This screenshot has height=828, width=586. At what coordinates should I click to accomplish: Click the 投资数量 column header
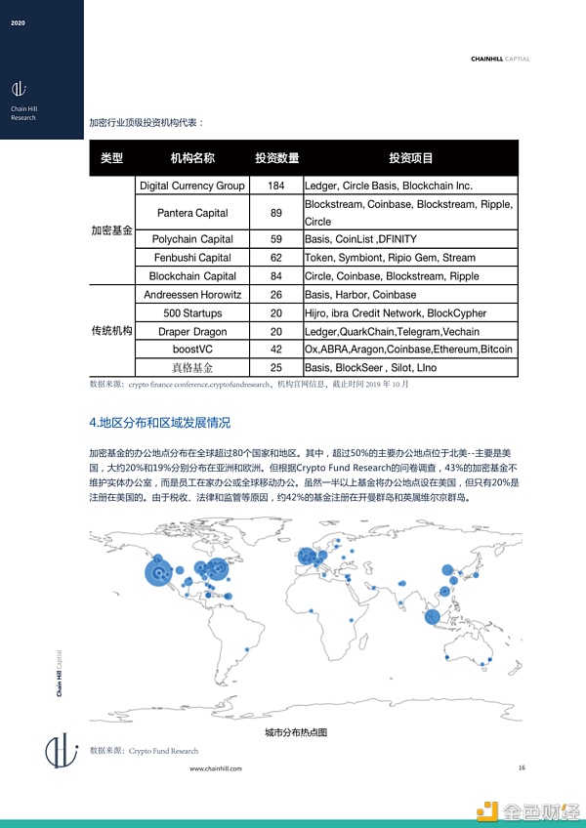click(x=276, y=158)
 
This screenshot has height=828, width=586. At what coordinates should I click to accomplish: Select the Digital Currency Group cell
click(x=192, y=186)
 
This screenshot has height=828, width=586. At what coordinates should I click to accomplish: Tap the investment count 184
click(x=276, y=186)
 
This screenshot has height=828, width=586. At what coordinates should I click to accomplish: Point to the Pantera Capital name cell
click(x=192, y=213)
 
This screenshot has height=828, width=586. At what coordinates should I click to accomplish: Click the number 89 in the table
click(x=276, y=213)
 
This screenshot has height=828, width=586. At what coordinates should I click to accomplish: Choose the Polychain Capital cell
click(x=192, y=239)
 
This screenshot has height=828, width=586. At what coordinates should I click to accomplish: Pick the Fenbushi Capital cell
click(x=192, y=258)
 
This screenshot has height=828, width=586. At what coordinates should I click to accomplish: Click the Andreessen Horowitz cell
click(x=192, y=295)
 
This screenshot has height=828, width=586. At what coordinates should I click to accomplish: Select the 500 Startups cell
click(x=192, y=313)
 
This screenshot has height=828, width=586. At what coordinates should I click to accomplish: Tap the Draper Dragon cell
click(x=192, y=332)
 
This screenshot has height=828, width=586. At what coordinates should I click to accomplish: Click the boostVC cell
click(x=192, y=350)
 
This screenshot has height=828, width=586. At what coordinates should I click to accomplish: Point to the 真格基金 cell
click(x=192, y=368)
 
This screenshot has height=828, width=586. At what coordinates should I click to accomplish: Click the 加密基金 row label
click(x=110, y=230)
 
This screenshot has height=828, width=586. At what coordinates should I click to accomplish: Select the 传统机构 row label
click(x=110, y=332)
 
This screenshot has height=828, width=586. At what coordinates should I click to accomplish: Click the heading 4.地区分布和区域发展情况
click(x=159, y=423)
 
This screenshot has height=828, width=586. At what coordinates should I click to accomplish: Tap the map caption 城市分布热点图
click(x=295, y=731)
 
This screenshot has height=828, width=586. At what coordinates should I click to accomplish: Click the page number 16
click(x=522, y=767)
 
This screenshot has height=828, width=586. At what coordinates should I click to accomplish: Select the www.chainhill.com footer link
click(x=215, y=768)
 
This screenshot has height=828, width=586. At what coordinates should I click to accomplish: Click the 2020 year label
click(x=18, y=21)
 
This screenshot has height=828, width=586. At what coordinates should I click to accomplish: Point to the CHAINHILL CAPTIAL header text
click(x=498, y=59)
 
